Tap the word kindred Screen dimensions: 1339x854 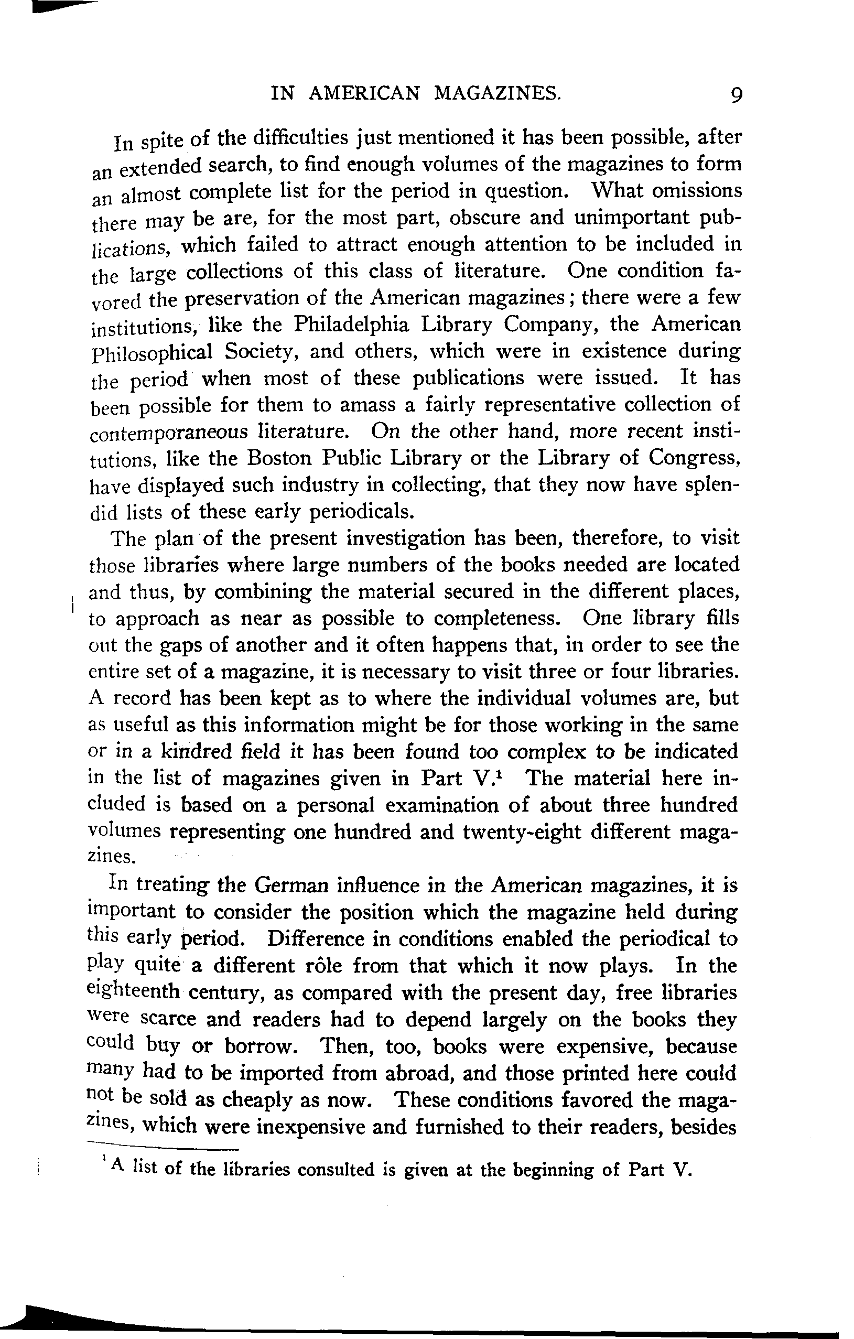pos(196,751)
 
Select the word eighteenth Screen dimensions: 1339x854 pos(134,992)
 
